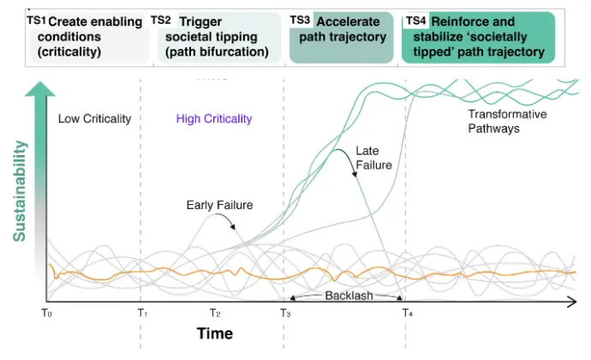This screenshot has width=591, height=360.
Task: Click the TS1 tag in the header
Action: [x=37, y=19]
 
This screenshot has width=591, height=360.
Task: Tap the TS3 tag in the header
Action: [x=300, y=19]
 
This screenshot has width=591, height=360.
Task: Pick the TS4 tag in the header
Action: [x=415, y=19]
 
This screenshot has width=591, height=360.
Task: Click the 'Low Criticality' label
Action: [x=94, y=119]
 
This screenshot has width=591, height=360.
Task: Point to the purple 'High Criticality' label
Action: [x=214, y=119]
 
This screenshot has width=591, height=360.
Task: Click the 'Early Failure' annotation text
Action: [x=219, y=205]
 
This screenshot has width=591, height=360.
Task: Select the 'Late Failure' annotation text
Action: [x=373, y=159]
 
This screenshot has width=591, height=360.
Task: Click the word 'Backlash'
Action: [x=347, y=296]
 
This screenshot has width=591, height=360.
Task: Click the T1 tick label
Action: [x=142, y=314]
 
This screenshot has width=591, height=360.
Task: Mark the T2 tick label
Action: [x=214, y=314]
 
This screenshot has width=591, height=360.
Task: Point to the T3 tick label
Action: [x=285, y=314]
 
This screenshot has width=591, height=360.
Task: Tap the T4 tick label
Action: [x=408, y=314]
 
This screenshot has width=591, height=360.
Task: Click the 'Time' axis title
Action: [x=214, y=333]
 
